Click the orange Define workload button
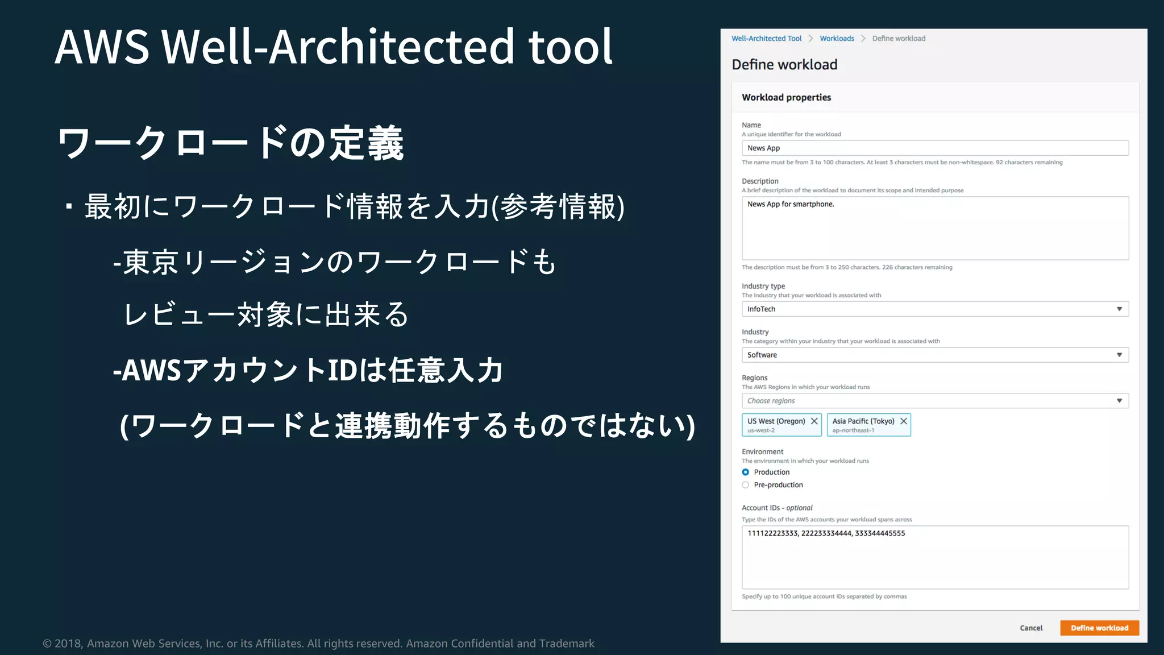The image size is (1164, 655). click(1099, 628)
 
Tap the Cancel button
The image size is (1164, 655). click(1031, 628)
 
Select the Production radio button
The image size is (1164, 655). click(746, 472)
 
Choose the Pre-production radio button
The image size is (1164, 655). click(746, 485)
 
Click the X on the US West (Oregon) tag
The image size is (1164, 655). click(814, 421)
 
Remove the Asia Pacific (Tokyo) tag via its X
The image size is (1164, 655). click(903, 421)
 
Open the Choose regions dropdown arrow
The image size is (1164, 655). click(1119, 401)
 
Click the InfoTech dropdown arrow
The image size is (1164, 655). click(1119, 309)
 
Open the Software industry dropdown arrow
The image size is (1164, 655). click(1119, 355)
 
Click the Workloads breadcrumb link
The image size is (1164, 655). click(837, 39)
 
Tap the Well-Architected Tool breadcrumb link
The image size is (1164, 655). click(766, 39)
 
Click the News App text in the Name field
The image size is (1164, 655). click(763, 148)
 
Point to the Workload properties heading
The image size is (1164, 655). click(786, 98)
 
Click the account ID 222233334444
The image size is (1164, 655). click(826, 533)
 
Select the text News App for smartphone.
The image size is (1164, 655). click(791, 204)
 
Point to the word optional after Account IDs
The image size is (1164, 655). click(799, 508)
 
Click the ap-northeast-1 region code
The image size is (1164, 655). click(853, 430)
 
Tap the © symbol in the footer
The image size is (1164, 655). click(47, 644)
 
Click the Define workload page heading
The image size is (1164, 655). click(784, 65)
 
